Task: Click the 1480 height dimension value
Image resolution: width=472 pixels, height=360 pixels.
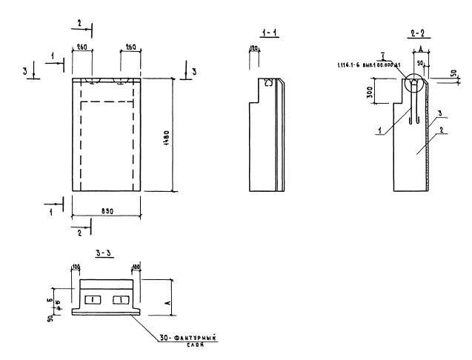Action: click(x=168, y=136)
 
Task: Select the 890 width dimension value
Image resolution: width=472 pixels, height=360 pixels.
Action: click(x=105, y=211)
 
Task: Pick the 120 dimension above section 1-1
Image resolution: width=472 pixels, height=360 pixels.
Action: click(x=253, y=49)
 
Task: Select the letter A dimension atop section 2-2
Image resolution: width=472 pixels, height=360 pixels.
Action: click(x=419, y=48)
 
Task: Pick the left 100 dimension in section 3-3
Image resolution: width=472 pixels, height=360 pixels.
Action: click(x=76, y=267)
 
